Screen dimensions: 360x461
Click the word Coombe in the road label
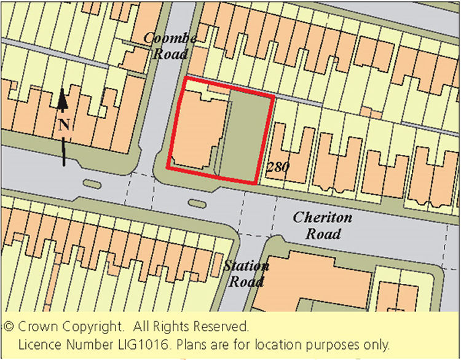point(170,39)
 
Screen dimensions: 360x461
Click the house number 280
point(278,166)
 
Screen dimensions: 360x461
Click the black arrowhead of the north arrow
point(62,98)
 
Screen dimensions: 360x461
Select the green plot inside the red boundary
point(245,136)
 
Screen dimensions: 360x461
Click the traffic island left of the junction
point(93,183)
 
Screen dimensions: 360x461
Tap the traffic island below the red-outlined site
point(197,203)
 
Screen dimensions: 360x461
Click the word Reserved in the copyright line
point(224,326)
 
